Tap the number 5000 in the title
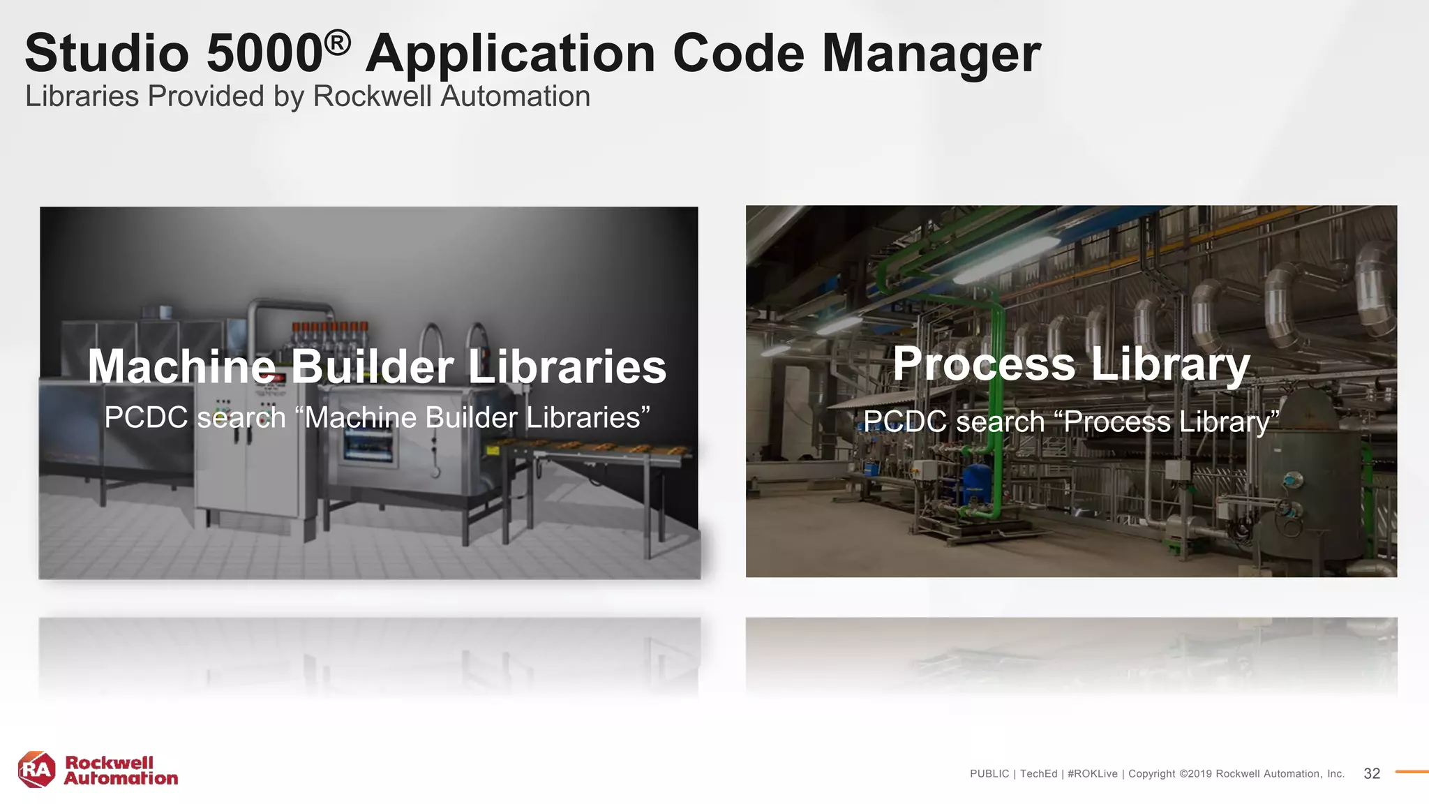coord(264,54)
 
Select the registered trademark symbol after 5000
coord(337,43)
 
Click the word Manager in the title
coord(931,55)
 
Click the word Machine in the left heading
coord(182,367)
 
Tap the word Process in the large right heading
coord(984,364)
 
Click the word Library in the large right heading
coord(1170,366)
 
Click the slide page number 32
coord(1372,773)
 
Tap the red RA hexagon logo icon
coord(36,770)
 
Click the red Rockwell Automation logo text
coord(121,770)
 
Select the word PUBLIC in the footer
coord(989,774)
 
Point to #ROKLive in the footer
coord(1092,774)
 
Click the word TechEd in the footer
coord(1038,774)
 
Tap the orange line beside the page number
coord(1411,772)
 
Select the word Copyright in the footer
coord(1152,774)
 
